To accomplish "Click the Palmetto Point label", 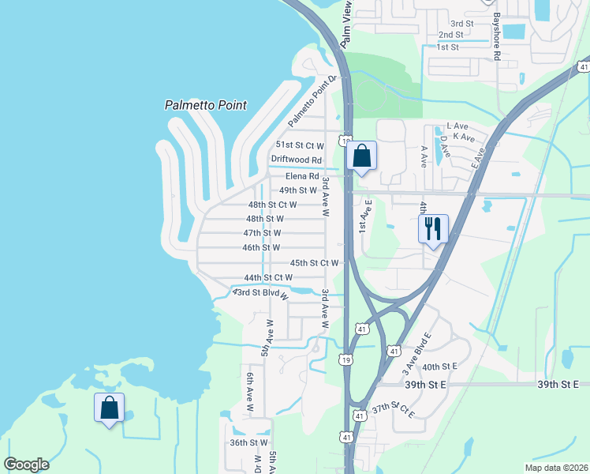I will tap(206, 105).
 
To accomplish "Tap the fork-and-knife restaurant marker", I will tap(433, 229).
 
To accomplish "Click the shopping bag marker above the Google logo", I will tap(110, 408).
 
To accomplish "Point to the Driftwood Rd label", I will tap(297, 160).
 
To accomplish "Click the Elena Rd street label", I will tap(302, 176).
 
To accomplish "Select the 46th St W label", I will tap(262, 248).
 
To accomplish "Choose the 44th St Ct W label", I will tap(268, 278).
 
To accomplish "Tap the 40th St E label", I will tap(439, 367).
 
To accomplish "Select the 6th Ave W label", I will tap(249, 395).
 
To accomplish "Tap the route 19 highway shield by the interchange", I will tap(346, 359).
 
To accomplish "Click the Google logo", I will tap(27, 465).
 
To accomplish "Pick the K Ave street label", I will tap(464, 137).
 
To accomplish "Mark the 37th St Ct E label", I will tap(394, 410).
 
